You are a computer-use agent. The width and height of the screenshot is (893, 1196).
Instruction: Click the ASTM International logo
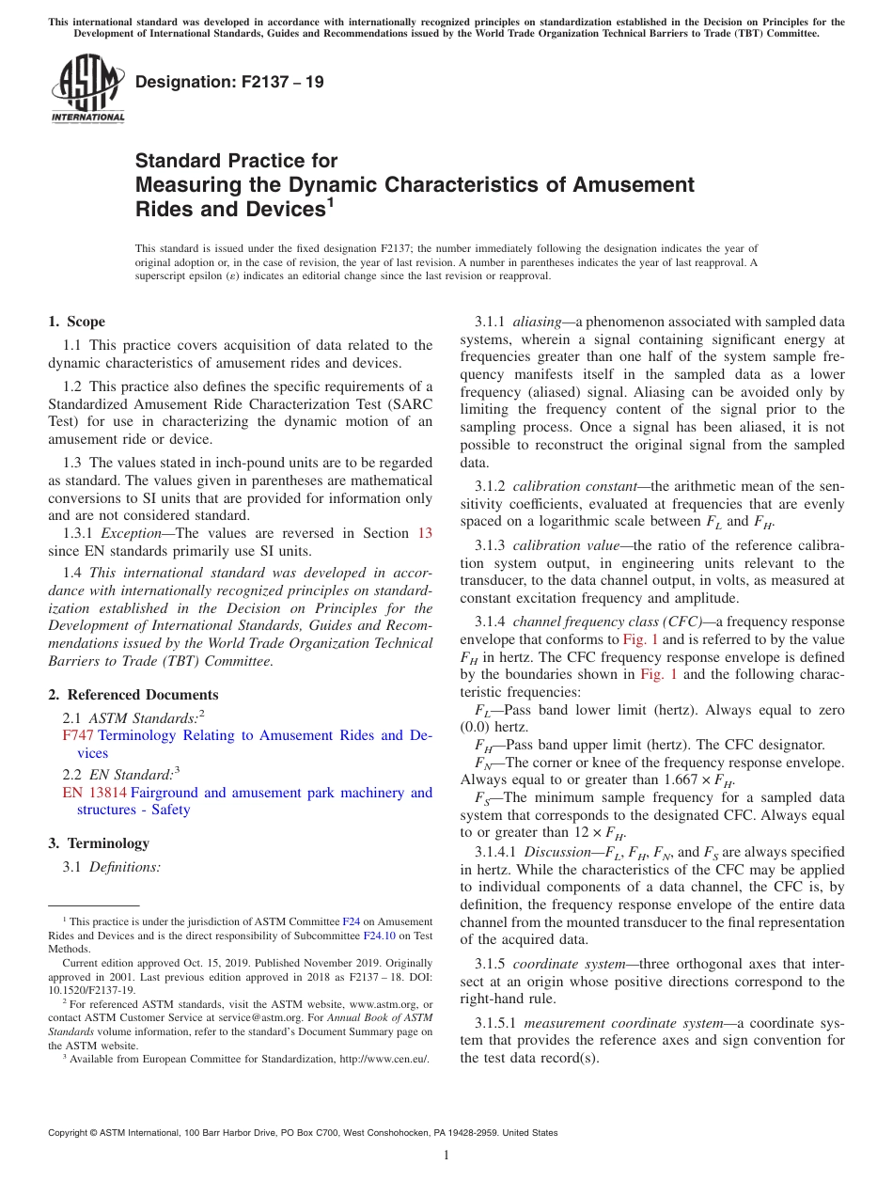(x=87, y=88)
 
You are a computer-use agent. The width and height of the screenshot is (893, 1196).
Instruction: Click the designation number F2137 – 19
(x=229, y=82)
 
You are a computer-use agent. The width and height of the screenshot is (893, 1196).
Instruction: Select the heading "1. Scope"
(x=77, y=322)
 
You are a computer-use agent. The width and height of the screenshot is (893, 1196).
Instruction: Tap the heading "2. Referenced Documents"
(x=133, y=695)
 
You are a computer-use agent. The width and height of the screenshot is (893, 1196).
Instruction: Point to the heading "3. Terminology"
(x=99, y=843)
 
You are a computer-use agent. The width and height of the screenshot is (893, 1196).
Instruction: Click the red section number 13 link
(x=425, y=533)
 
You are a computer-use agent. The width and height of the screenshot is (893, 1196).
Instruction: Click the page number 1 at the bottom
(x=446, y=1155)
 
